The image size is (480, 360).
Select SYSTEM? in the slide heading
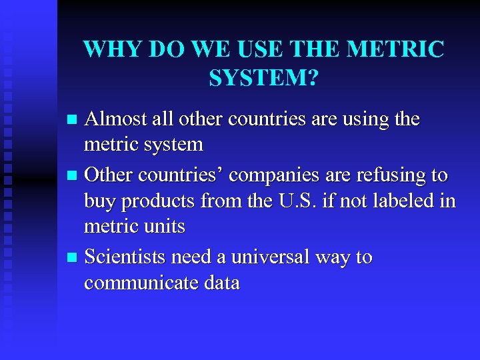264,79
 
